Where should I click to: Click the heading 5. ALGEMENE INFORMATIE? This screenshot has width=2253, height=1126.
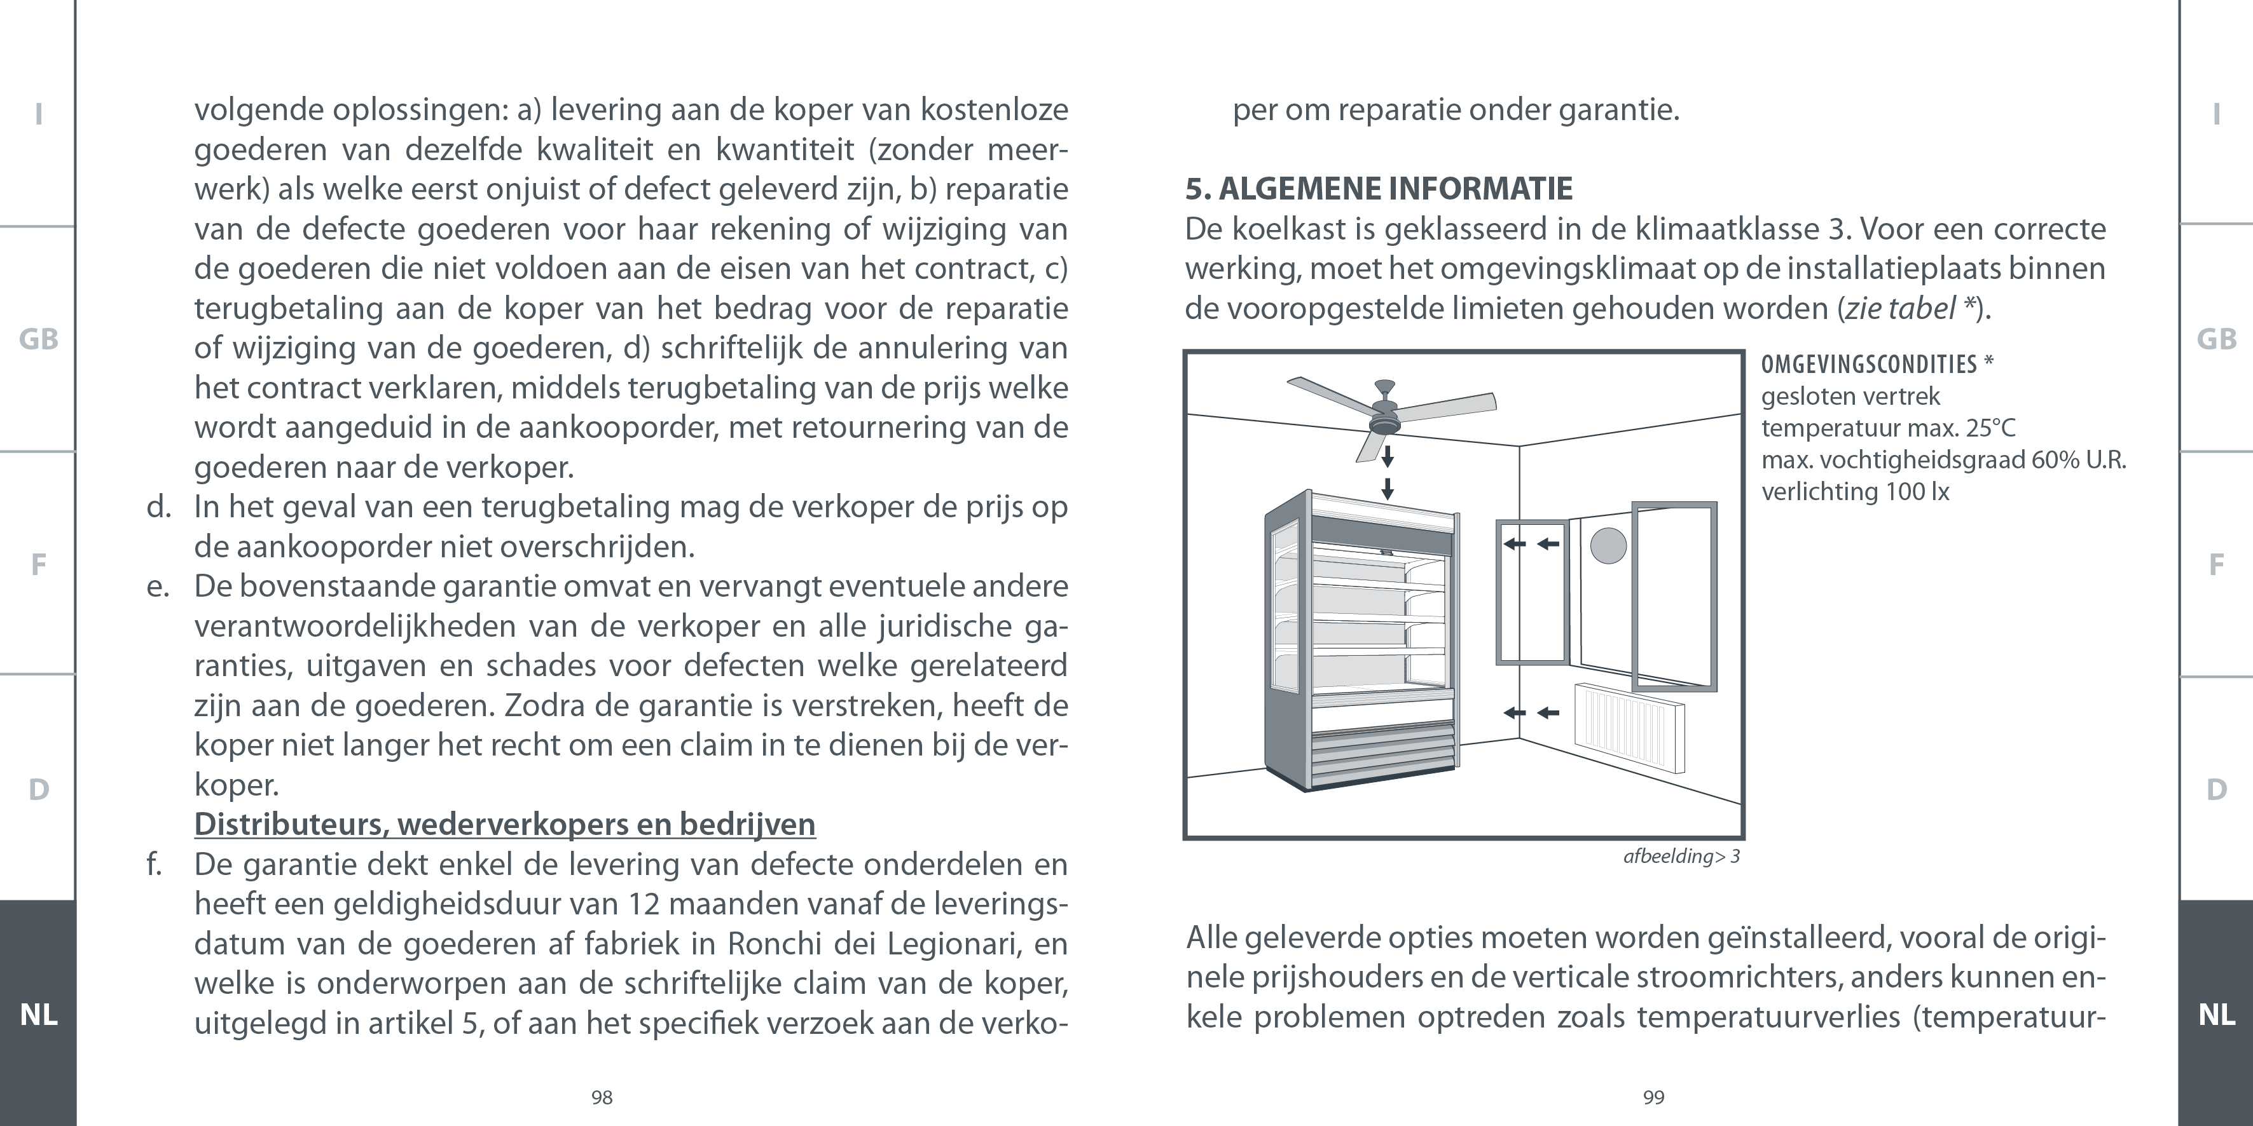pyautogui.click(x=1379, y=189)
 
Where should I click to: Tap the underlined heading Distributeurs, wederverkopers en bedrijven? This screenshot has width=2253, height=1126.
pyautogui.click(x=505, y=824)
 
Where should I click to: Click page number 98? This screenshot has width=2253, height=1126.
pyautogui.click(x=602, y=1098)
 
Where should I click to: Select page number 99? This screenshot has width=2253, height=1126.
pyautogui.click(x=1653, y=1098)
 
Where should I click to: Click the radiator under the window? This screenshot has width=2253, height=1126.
pyautogui.click(x=1629, y=728)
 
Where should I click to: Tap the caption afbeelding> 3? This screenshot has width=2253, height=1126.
pyautogui.click(x=1681, y=857)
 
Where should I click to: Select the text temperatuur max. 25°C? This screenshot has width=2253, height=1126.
pyautogui.click(x=1887, y=428)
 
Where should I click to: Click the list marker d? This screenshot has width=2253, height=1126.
pyautogui.click(x=158, y=507)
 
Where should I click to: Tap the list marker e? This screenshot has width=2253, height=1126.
pyautogui.click(x=158, y=587)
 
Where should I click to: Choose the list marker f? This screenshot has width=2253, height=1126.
pyautogui.click(x=155, y=865)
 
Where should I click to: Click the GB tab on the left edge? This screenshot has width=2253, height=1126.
pyautogui.click(x=39, y=339)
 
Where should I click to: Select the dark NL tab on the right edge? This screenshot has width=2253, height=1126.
pyautogui.click(x=2216, y=1014)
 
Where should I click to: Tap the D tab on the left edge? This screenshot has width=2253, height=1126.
pyautogui.click(x=39, y=789)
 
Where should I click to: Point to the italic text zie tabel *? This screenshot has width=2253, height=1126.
pyautogui.click(x=1909, y=309)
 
